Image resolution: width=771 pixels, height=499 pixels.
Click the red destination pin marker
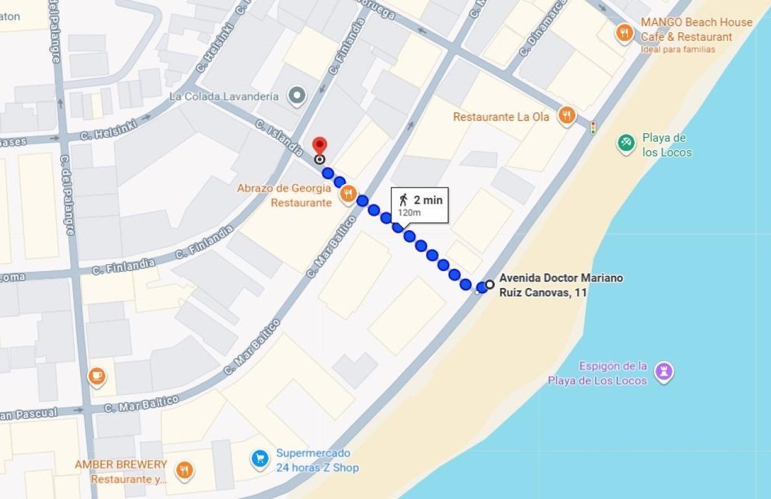(x=319, y=145)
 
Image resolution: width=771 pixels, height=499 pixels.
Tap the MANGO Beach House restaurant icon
(x=624, y=33)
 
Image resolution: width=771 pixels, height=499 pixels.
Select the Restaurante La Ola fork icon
(x=566, y=116)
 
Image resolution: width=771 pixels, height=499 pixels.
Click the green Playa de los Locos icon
(x=626, y=143)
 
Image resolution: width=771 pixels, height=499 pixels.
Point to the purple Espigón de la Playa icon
(x=664, y=372)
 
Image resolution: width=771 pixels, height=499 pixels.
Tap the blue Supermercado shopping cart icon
(x=259, y=459)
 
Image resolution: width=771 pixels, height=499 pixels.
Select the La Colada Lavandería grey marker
(x=298, y=95)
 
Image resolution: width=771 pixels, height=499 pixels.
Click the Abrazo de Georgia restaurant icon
(x=348, y=193)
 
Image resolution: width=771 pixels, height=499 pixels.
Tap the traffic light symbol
(x=593, y=127)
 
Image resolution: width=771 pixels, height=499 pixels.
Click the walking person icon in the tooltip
(x=403, y=200)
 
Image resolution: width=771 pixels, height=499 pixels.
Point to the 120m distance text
(x=409, y=212)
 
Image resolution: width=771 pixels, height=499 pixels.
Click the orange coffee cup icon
(x=97, y=376)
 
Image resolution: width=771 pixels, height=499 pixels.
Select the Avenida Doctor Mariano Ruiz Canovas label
(x=560, y=285)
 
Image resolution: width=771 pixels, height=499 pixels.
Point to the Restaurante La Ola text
(x=501, y=117)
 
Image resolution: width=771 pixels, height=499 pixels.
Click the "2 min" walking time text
(x=428, y=200)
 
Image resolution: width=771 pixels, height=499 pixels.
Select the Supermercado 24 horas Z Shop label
(x=317, y=460)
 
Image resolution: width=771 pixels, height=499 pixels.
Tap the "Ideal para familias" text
(x=678, y=50)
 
